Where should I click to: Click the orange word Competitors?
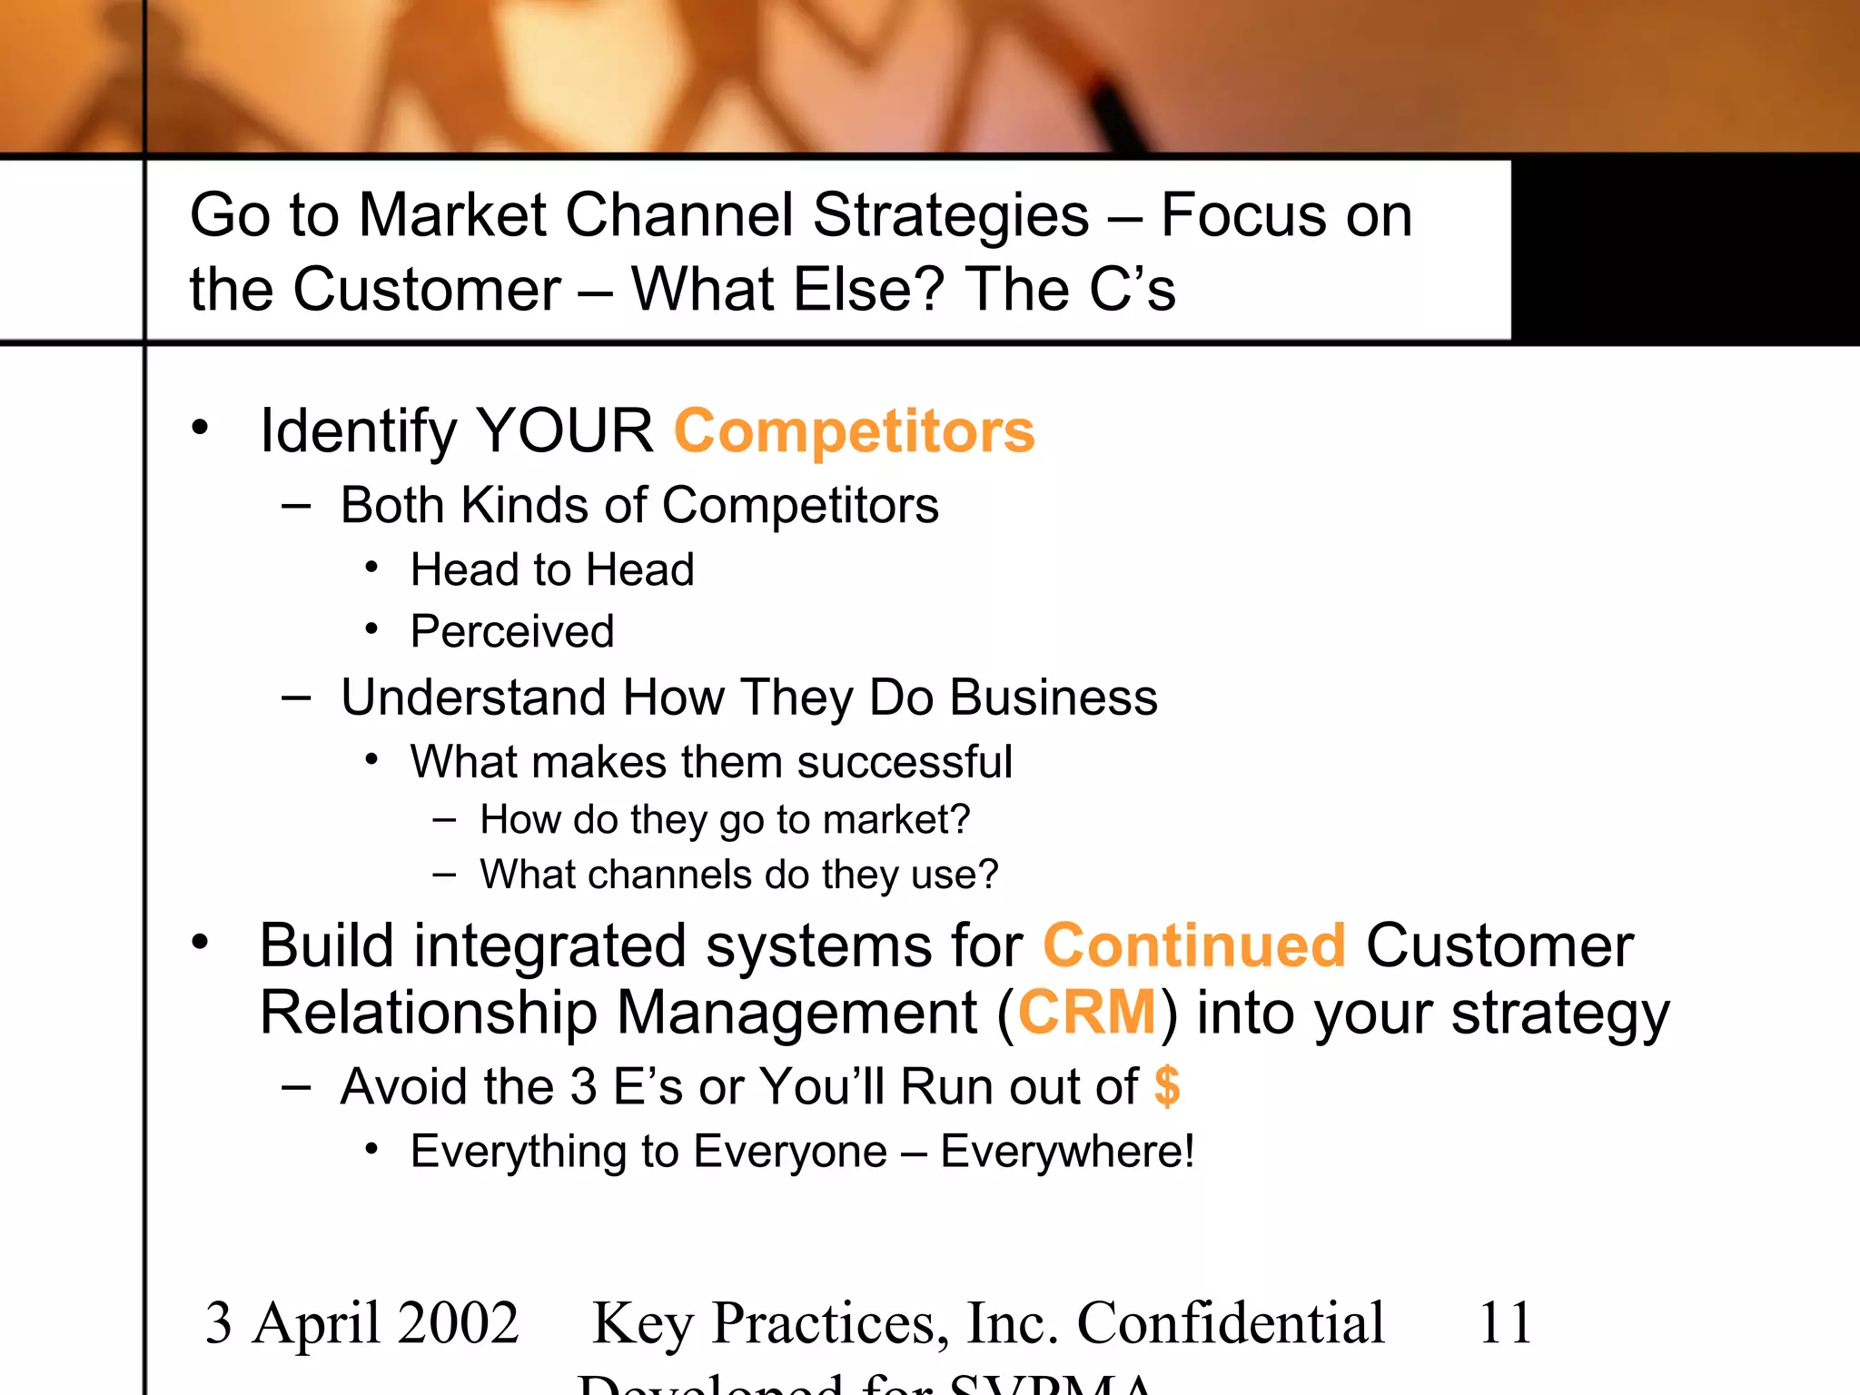click(854, 430)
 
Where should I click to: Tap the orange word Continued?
click(1193, 946)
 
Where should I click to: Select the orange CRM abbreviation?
click(1086, 1013)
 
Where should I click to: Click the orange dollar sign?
click(1167, 1086)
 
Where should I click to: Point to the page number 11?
click(1505, 1322)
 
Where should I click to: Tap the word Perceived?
click(512, 631)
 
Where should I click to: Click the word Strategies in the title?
click(951, 215)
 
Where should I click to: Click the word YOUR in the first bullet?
click(564, 430)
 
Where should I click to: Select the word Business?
click(1054, 697)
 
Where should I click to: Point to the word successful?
click(905, 761)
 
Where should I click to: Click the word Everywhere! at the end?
click(1067, 1152)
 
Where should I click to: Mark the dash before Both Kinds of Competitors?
click(296, 506)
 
